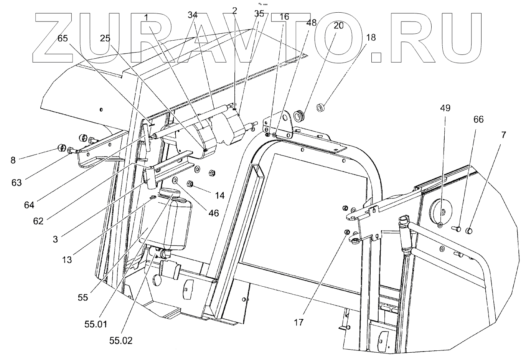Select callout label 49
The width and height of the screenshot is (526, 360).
(445, 108)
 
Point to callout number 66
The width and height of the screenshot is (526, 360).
(478, 119)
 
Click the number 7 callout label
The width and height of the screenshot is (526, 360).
(503, 135)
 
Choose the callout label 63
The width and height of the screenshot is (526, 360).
(16, 183)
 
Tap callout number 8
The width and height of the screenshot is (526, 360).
(13, 159)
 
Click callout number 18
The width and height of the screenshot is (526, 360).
(371, 37)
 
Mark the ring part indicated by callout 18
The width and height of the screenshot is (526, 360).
(320, 106)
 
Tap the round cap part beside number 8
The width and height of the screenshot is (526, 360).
(61, 148)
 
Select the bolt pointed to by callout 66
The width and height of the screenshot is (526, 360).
(457, 228)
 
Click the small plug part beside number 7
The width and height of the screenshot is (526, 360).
(468, 231)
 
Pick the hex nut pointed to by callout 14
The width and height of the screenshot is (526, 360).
(190, 184)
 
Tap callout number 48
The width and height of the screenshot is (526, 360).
(311, 23)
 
